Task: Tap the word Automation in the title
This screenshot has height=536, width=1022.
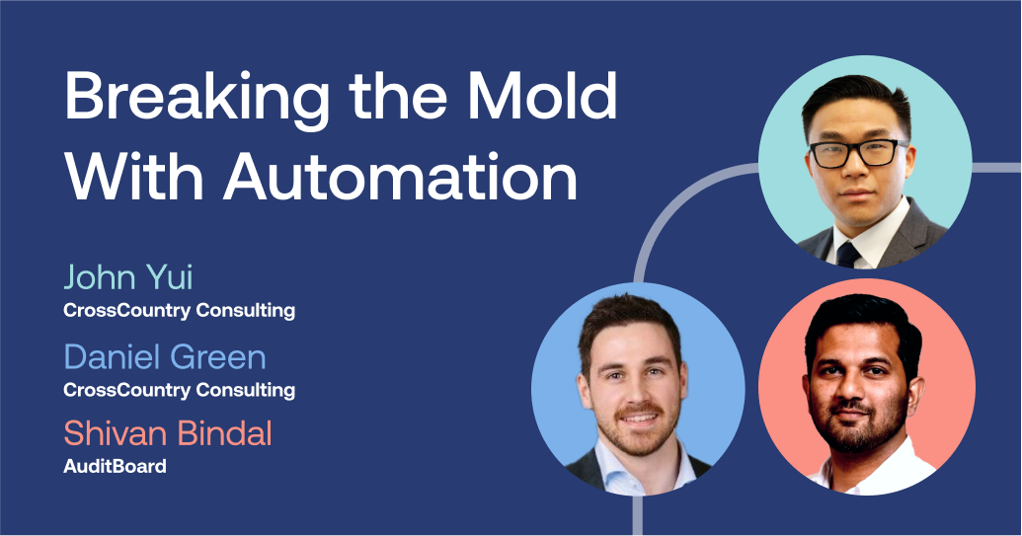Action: click(400, 178)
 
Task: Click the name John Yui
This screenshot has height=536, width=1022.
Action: click(127, 277)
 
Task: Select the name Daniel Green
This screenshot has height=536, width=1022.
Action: click(165, 356)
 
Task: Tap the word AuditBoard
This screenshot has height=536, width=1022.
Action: click(115, 466)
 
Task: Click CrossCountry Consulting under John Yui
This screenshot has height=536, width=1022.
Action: click(179, 310)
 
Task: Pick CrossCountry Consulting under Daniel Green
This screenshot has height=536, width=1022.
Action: click(179, 389)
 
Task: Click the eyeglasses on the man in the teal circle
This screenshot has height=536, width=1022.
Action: click(857, 153)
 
